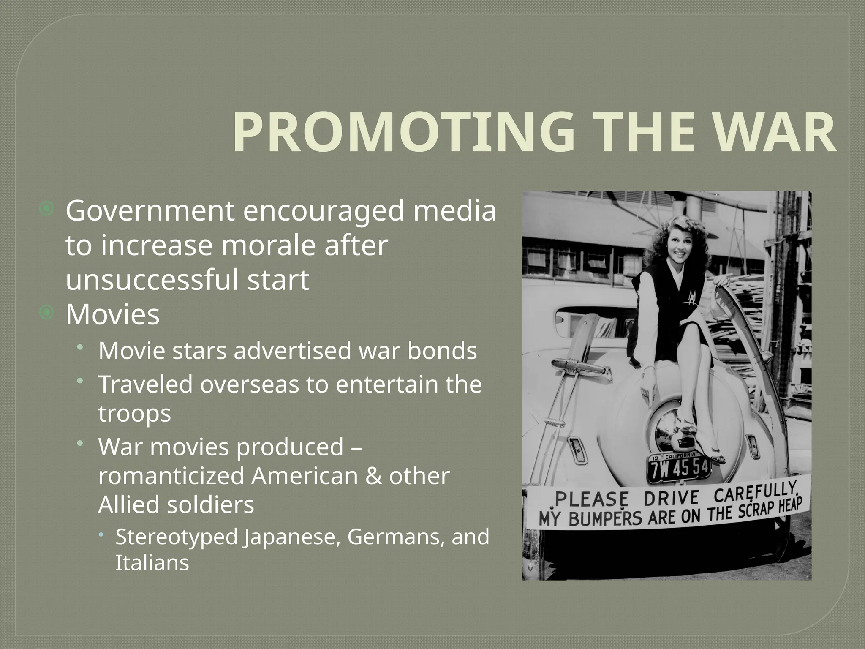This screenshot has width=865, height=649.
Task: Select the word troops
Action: (x=135, y=413)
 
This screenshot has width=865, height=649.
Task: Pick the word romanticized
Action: (x=171, y=476)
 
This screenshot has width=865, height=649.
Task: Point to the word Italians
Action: (x=152, y=563)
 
